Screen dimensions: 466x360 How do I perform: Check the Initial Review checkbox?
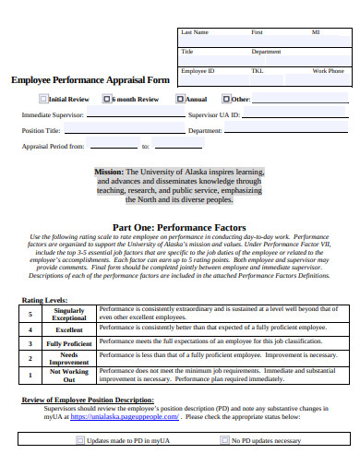[x=42, y=99]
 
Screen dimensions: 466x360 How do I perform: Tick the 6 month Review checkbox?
[x=107, y=99]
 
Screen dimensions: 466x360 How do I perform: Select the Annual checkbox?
[x=181, y=99]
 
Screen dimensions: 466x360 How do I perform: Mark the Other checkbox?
[x=226, y=99]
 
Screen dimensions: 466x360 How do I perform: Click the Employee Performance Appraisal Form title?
[x=90, y=79]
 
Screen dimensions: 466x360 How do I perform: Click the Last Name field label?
[x=195, y=32]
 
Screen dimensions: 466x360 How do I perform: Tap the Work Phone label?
[x=328, y=71]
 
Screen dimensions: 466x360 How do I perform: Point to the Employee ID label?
[x=198, y=71]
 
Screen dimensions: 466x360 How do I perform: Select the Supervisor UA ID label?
[x=213, y=115]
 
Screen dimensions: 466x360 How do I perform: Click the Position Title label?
[x=41, y=131]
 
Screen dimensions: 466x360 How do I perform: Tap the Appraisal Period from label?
[x=53, y=146]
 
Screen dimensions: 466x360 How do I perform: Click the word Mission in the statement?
[x=108, y=172]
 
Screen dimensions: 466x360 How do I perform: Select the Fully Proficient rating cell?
[x=69, y=344]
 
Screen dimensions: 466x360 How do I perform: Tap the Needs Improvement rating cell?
[x=69, y=359]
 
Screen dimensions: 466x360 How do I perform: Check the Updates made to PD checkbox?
[x=79, y=440]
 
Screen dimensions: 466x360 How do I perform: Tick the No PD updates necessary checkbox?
[x=223, y=440]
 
